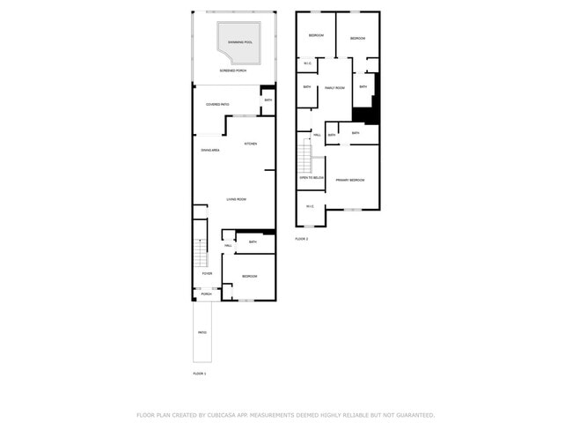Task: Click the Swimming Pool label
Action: (240, 42)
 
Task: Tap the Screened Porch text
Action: (233, 70)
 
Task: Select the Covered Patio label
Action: (218, 105)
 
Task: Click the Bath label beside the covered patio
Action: (268, 100)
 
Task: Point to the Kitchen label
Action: (251, 144)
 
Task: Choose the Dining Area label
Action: (210, 151)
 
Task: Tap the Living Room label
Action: (236, 200)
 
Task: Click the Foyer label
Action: (208, 274)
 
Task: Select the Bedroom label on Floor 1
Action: (249, 277)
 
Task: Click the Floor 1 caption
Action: (200, 374)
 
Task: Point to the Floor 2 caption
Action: (302, 239)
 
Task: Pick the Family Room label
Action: (334, 88)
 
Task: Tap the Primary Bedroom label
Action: (350, 180)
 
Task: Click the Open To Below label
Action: (312, 178)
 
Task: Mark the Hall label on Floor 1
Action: (228, 246)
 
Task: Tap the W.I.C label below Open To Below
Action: (310, 206)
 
